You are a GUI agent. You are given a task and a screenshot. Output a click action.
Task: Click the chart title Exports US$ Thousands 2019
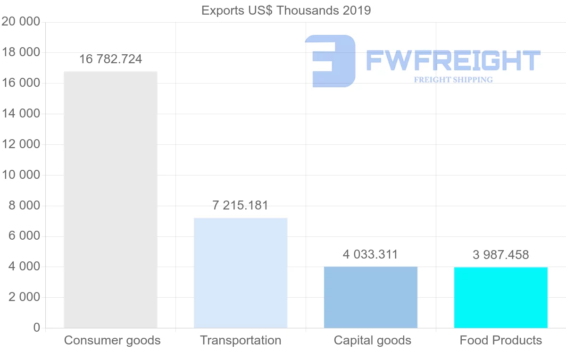286,10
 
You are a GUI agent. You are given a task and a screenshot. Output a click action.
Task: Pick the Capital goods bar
371,297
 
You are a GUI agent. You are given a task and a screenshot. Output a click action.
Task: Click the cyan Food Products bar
501,298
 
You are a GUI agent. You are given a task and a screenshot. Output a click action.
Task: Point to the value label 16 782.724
110,59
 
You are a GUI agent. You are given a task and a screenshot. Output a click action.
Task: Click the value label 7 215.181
241,206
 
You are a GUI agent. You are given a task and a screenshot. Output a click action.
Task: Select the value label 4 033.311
371,255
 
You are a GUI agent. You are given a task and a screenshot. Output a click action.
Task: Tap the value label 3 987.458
501,255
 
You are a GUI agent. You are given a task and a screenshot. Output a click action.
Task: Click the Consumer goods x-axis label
112,341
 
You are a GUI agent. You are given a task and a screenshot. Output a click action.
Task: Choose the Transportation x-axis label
241,341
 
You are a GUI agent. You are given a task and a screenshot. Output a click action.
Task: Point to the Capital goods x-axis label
373,341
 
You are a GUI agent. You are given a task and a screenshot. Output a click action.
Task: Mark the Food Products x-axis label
501,341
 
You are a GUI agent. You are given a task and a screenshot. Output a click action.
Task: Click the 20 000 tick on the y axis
21,22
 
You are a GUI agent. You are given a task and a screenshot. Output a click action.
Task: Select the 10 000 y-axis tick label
21,175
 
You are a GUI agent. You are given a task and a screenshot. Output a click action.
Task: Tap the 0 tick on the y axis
37,328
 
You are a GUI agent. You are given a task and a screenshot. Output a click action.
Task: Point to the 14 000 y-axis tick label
21,114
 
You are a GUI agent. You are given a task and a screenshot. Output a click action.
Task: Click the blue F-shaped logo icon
330,61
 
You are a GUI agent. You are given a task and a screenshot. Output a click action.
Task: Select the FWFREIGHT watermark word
453,61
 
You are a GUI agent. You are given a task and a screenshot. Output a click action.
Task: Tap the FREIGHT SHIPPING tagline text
453,80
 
